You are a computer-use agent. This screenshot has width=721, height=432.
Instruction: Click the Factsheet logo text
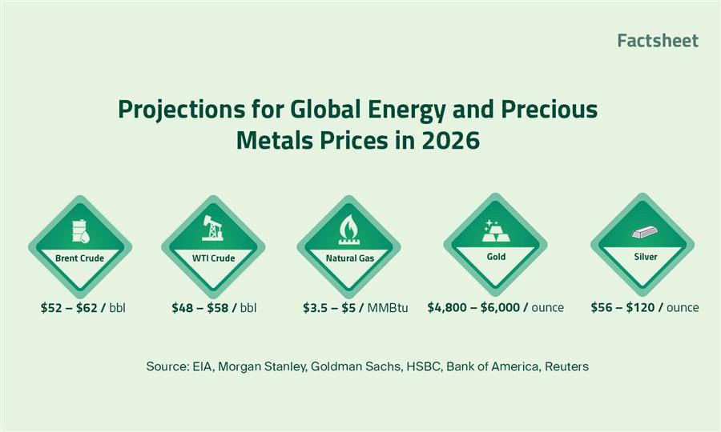coord(658,41)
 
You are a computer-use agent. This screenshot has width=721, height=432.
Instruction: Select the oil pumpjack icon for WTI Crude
coord(213,230)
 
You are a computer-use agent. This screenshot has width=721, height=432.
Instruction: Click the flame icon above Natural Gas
coord(348,229)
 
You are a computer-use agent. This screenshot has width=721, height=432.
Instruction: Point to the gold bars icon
coord(494,230)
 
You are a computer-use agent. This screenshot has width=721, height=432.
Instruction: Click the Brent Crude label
coord(80,258)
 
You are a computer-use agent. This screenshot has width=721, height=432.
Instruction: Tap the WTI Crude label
coord(213,258)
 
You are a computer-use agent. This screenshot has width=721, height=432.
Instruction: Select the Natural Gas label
coord(348,258)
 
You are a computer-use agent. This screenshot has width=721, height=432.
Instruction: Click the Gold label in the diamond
coord(495,257)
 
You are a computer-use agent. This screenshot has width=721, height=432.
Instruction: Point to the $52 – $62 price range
coord(70,307)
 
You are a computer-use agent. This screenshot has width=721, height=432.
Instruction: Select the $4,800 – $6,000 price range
coord(473,307)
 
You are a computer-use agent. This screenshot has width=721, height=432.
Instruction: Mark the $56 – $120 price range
coord(623,307)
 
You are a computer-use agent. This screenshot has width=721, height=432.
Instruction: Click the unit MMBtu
coord(388,307)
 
